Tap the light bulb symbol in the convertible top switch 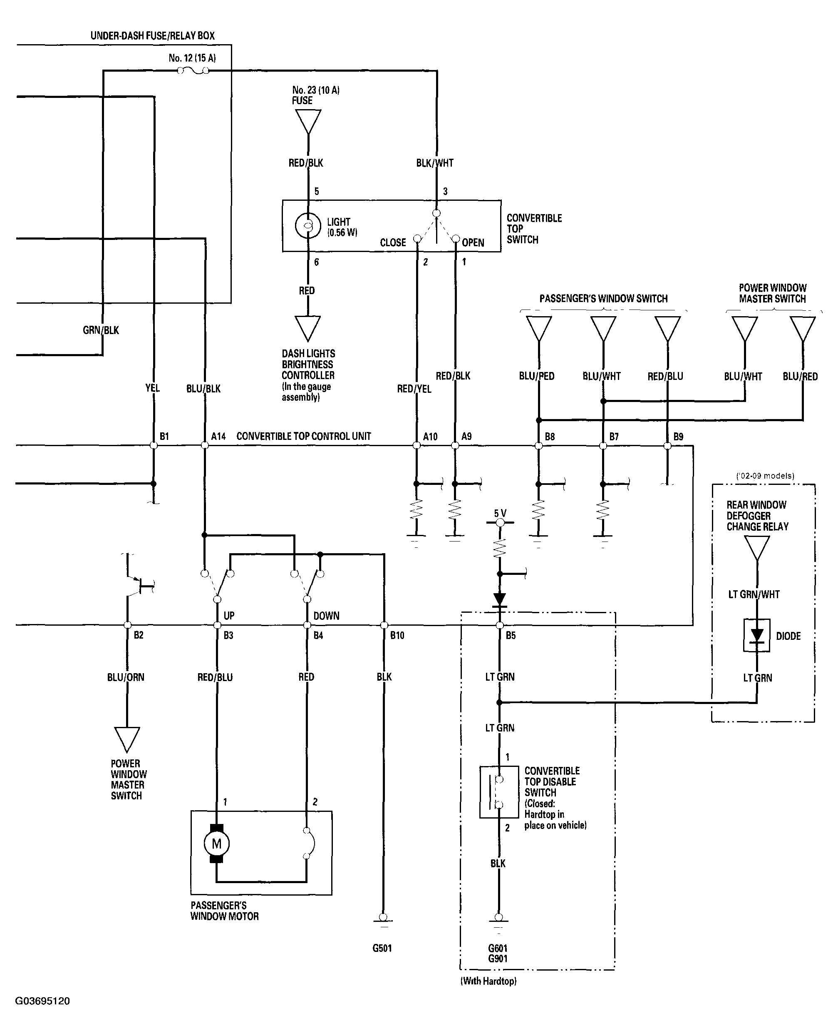(308, 226)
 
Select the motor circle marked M (216, 844)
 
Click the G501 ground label (382, 948)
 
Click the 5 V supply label (500, 513)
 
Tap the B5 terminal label (511, 635)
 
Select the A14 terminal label (218, 436)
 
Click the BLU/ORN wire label (126, 677)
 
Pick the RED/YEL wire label (414, 389)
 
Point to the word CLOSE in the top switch (393, 242)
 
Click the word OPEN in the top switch (473, 242)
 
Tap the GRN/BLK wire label (101, 330)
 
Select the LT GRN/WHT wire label (754, 594)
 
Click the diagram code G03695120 (42, 1001)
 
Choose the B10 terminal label (397, 635)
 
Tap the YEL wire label (153, 388)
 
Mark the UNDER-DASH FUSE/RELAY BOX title (153, 35)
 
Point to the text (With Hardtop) (488, 981)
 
